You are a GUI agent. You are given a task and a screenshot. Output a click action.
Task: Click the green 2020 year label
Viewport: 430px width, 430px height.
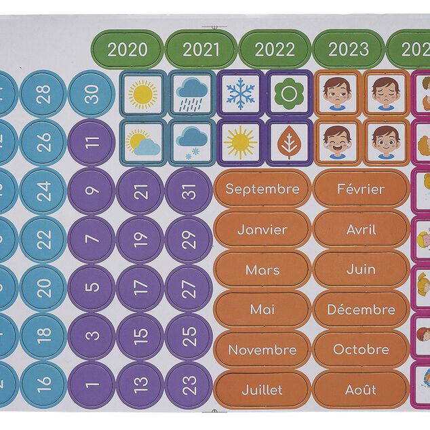(128, 50)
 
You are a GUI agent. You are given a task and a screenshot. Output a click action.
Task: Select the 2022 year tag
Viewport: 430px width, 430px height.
(275, 50)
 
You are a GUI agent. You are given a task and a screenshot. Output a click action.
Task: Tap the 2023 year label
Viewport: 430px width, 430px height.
(349, 50)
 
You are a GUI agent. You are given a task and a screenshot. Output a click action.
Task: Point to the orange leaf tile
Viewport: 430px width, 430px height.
(289, 143)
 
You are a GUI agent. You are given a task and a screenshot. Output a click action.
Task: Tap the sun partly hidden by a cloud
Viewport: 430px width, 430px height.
(142, 143)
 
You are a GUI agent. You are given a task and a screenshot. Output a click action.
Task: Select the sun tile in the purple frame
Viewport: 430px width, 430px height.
(240, 143)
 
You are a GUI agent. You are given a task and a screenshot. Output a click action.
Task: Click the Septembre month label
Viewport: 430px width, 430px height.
(262, 189)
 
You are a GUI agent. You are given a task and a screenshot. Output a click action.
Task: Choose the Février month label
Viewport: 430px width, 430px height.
(361, 189)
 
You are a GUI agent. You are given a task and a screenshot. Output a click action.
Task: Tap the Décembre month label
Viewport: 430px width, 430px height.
(361, 310)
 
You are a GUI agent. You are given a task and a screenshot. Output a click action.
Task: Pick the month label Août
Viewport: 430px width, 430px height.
(361, 390)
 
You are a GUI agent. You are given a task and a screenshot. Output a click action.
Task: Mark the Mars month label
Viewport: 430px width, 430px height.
(262, 270)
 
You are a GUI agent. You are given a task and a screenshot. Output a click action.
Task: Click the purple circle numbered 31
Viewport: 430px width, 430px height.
(189, 192)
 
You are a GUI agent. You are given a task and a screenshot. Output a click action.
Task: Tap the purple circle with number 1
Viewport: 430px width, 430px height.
(93, 381)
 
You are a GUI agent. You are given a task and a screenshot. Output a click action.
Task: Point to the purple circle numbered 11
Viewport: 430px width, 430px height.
(93, 142)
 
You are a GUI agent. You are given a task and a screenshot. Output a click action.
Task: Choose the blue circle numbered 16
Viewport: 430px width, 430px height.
(44, 381)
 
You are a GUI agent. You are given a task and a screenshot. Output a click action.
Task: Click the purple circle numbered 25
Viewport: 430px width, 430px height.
(189, 334)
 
